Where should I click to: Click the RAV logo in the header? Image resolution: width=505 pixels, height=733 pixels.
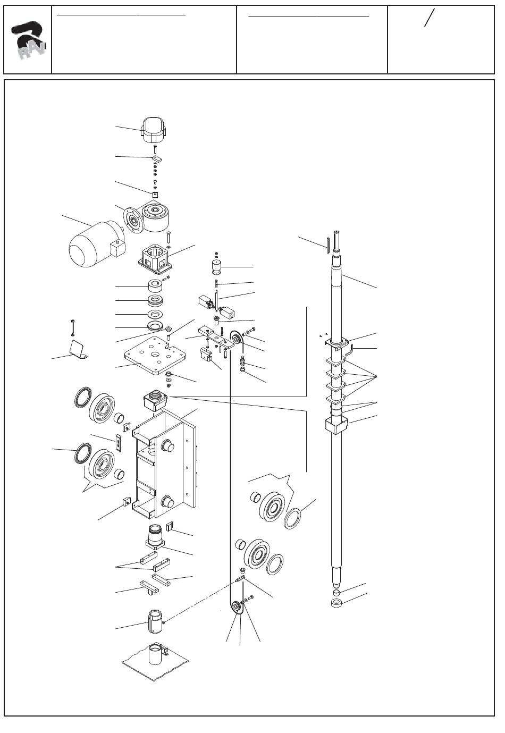click(x=29, y=40)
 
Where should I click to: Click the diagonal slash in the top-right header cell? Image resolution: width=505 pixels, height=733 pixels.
click(x=429, y=18)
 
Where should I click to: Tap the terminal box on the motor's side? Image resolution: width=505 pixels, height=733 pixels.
click(x=117, y=248)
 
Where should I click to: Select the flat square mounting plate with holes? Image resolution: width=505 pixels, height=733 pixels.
click(x=155, y=356)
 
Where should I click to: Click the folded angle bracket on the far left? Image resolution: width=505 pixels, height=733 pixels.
click(x=79, y=349)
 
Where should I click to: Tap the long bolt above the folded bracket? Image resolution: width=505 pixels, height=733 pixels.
click(x=72, y=327)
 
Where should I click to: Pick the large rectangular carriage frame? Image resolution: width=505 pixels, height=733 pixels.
click(x=165, y=465)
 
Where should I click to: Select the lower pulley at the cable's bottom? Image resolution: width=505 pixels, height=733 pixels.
click(x=236, y=609)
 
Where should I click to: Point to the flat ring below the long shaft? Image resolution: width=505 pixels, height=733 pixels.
click(x=336, y=603)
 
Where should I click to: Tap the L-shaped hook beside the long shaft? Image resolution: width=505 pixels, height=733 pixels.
click(x=349, y=349)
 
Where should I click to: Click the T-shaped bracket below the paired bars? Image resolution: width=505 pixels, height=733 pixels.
click(x=149, y=588)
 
